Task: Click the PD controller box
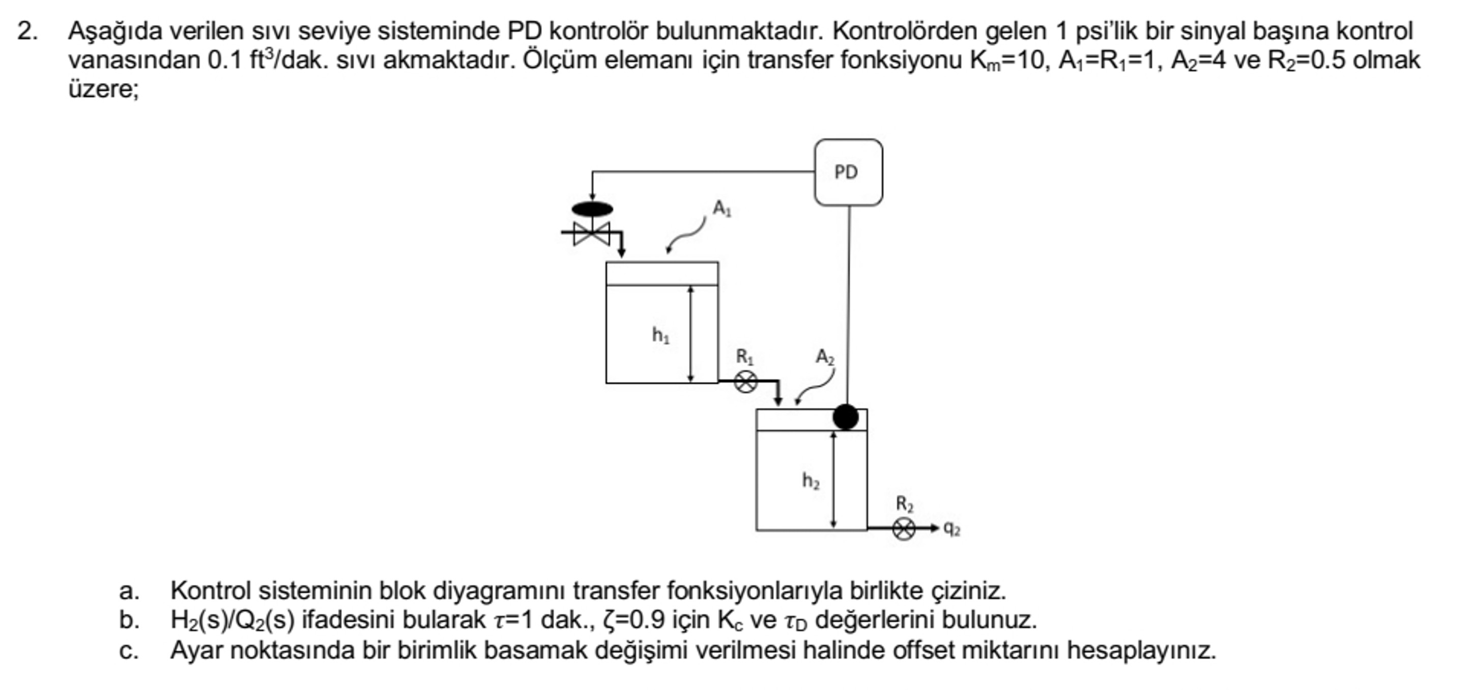[848, 172]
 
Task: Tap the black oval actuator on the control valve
[592, 209]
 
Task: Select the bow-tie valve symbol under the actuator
[592, 233]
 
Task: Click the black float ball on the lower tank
[845, 417]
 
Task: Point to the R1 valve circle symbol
[745, 382]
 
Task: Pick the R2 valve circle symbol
[904, 529]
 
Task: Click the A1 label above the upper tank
[721, 208]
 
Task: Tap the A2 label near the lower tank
[825, 357]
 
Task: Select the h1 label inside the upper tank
[660, 335]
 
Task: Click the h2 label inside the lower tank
[810, 481]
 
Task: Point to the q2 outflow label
[951, 529]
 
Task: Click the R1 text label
[744, 357]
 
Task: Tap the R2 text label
[905, 504]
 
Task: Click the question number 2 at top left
[26, 32]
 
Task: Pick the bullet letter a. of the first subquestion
[129, 590]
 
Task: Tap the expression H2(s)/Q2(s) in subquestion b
[232, 620]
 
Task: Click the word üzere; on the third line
[103, 90]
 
